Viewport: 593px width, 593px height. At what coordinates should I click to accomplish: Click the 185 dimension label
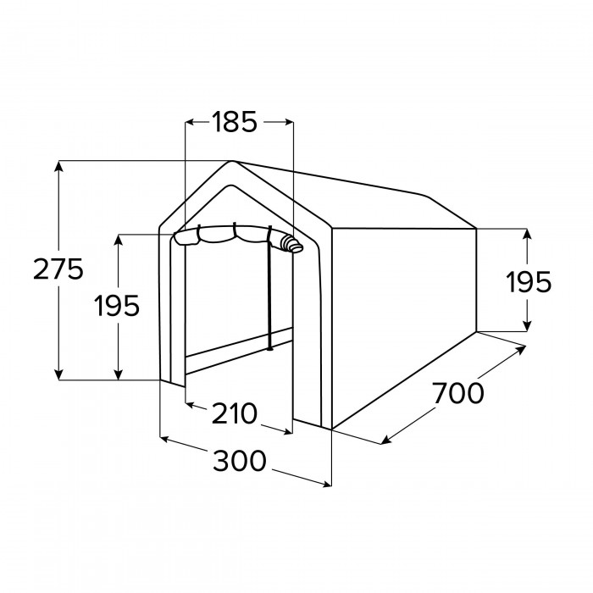235,122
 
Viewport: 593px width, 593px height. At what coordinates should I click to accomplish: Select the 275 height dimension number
58,269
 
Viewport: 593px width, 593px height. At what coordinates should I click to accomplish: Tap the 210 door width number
235,413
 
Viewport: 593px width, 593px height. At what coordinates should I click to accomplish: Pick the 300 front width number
240,461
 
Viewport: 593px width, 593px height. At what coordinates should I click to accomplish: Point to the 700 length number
457,393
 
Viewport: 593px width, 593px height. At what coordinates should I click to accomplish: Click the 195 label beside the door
117,306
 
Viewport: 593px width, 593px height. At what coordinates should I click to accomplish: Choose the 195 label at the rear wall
529,282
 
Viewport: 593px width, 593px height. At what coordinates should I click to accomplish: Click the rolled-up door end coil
293,244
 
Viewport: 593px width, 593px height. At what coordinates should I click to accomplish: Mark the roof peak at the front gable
231,162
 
